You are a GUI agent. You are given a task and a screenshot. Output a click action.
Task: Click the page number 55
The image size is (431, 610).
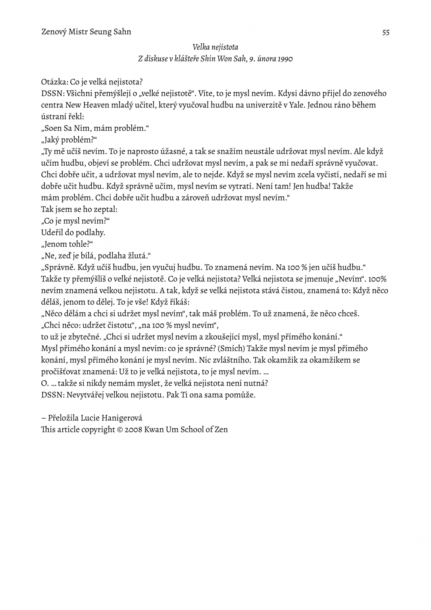point(386,33)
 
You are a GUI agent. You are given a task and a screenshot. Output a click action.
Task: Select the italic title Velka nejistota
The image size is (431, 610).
point(215,47)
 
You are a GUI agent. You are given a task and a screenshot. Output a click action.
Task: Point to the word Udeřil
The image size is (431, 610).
point(52,232)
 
